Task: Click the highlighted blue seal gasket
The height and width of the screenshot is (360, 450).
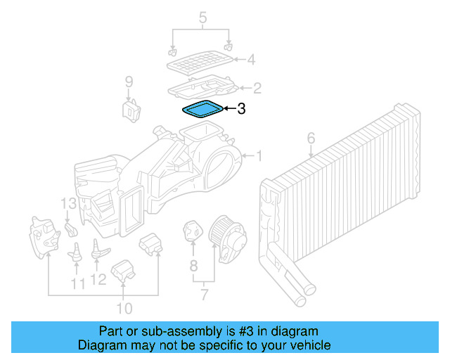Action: (202, 110)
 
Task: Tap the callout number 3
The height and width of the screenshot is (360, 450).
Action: (241, 109)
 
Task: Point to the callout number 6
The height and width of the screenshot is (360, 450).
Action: (311, 139)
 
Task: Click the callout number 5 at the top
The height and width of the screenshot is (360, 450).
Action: (203, 15)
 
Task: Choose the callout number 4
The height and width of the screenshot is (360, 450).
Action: (250, 60)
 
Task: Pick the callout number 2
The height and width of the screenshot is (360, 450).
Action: (257, 88)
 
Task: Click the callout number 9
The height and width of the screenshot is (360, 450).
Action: (129, 82)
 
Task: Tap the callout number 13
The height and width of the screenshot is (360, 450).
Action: (67, 204)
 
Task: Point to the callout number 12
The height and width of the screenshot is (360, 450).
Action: (98, 280)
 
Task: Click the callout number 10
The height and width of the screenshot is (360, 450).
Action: (124, 308)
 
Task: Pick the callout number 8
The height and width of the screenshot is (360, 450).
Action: (193, 266)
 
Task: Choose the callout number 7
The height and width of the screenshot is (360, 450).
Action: (203, 295)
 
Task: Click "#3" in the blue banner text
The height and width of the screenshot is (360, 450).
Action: (231, 331)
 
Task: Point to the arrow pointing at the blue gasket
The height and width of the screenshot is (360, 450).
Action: (229, 109)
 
